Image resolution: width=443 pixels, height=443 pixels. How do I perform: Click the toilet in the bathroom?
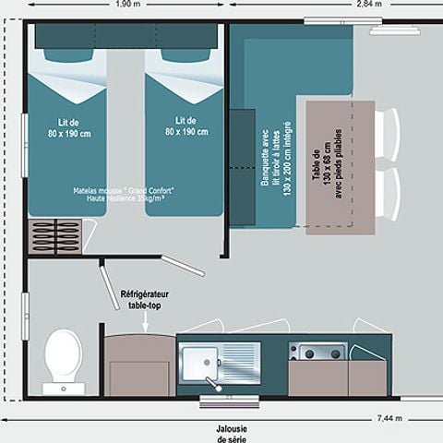62,354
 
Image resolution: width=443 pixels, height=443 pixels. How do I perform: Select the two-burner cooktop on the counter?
318,352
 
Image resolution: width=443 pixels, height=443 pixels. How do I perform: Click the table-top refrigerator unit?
138,365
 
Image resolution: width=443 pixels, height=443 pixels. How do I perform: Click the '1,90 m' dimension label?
129,4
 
